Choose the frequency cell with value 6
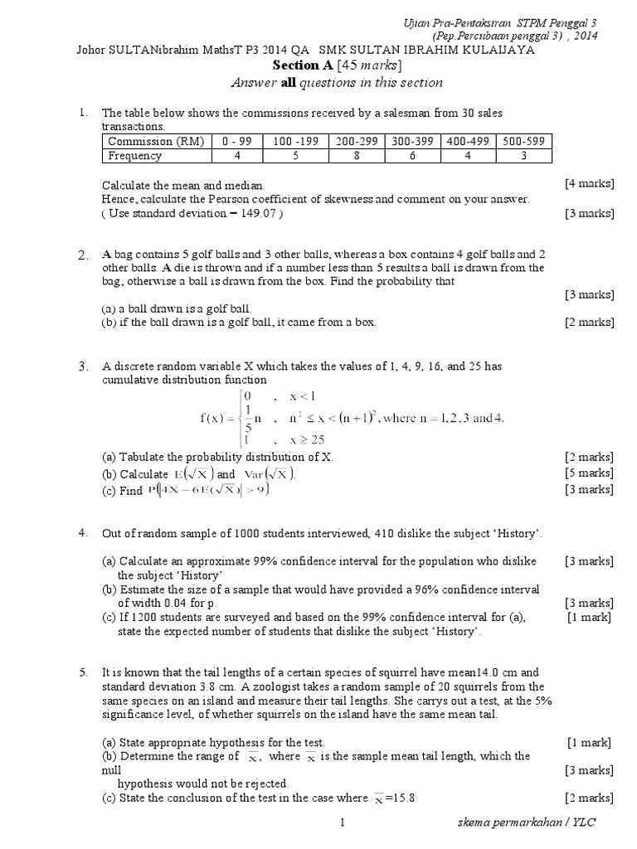click(412, 155)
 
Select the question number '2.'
click(83, 255)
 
